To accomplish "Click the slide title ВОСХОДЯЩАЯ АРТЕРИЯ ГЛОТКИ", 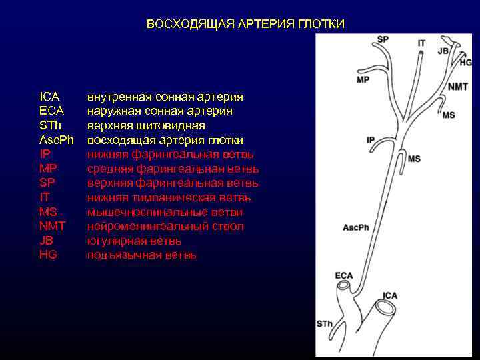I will tap(245, 25).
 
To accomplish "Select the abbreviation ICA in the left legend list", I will tap(49, 97).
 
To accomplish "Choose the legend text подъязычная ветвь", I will tap(141, 255).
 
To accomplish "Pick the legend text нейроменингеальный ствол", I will tap(165, 227).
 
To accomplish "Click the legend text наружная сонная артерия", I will tap(160, 111).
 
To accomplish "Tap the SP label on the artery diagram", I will tap(383, 39).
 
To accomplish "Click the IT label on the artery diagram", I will tap(421, 43).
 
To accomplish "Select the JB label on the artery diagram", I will tap(443, 51).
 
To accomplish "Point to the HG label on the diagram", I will tap(465, 62).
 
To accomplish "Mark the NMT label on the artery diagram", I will tap(457, 87).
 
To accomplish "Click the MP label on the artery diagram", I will tap(363, 80).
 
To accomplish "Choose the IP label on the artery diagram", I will tap(371, 140).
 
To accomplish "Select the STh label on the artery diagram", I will tap(325, 324).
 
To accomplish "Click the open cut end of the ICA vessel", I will tap(385, 308).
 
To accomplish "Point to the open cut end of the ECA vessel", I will tap(344, 286).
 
